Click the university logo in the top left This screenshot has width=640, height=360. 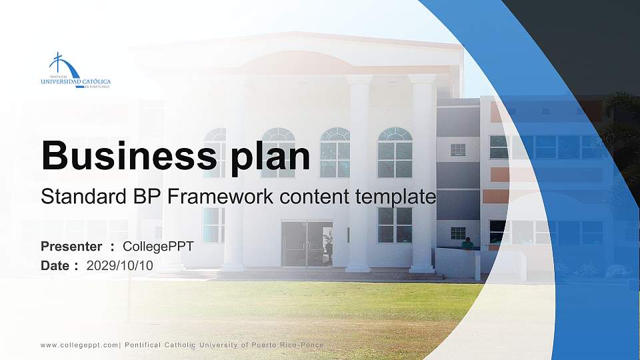[x=75, y=71]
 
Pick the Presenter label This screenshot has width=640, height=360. [x=71, y=247]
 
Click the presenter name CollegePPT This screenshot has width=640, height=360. [x=158, y=247]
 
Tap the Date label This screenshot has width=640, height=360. [x=55, y=265]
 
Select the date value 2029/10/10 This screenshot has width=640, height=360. [x=120, y=265]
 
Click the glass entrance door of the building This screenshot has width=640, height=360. [x=307, y=243]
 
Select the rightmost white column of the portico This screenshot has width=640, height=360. [x=422, y=173]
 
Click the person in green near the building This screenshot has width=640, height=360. [x=468, y=243]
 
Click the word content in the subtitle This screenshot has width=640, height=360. [x=316, y=197]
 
